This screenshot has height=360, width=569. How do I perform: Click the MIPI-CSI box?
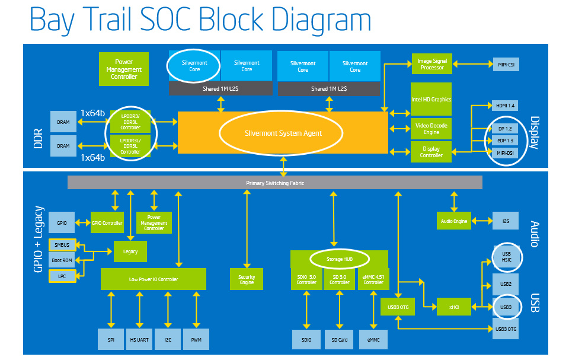pyautogui.click(x=506, y=65)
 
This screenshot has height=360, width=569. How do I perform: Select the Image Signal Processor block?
pyautogui.click(x=432, y=64)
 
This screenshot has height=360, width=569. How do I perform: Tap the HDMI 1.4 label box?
pyautogui.click(x=505, y=106)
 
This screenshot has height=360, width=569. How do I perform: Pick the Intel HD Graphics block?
pyautogui.click(x=431, y=99)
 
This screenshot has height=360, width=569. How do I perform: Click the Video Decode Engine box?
pyautogui.click(x=431, y=129)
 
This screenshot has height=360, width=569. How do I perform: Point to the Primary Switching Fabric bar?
pyautogui.click(x=274, y=183)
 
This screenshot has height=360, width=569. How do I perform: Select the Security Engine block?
pyautogui.click(x=247, y=279)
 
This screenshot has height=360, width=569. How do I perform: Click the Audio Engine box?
pyautogui.click(x=453, y=221)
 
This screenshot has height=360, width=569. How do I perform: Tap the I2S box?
pyautogui.click(x=506, y=221)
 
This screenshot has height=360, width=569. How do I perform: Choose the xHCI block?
pyautogui.click(x=453, y=307)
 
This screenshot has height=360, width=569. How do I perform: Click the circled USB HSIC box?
pyautogui.click(x=507, y=257)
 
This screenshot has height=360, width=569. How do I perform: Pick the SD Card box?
pyautogui.click(x=339, y=340)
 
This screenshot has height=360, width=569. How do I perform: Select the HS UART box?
pyautogui.click(x=139, y=339)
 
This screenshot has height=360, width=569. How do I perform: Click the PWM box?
pyautogui.click(x=196, y=339)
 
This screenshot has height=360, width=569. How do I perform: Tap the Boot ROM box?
pyautogui.click(x=62, y=260)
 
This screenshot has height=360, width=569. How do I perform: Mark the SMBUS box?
pyautogui.click(x=62, y=245)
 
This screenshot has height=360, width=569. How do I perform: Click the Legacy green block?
pyautogui.click(x=130, y=251)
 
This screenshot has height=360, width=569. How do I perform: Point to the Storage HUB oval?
pyautogui.click(x=339, y=259)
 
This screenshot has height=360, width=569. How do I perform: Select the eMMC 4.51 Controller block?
pyautogui.click(x=373, y=279)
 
